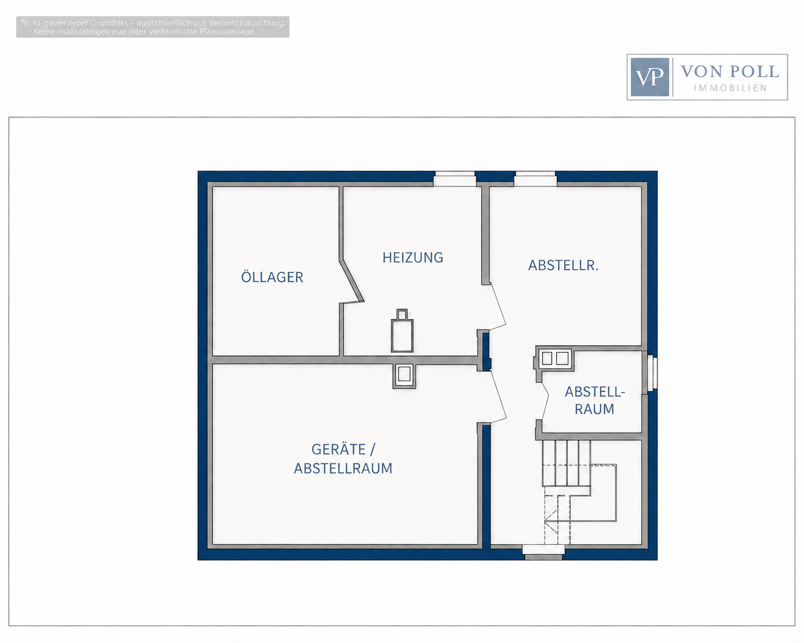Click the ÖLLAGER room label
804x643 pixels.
[x=272, y=277]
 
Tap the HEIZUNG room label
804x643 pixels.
[x=413, y=258]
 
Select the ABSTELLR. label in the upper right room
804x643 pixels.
[x=563, y=265]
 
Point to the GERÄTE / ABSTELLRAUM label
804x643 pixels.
[x=343, y=458]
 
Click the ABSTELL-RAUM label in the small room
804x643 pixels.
[x=595, y=400]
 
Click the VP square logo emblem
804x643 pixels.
[x=650, y=77]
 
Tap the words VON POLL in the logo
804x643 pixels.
[x=729, y=71]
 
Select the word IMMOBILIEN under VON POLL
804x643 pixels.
[x=730, y=88]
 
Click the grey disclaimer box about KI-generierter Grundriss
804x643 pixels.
[x=153, y=27]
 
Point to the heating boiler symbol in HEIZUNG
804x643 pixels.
[x=402, y=331]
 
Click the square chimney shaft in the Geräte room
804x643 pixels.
[x=404, y=376]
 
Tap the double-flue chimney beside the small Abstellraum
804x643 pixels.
[x=555, y=359]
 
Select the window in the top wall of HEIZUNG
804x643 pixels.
[x=455, y=179]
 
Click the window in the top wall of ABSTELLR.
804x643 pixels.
[x=535, y=179]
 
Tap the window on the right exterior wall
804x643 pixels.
[x=652, y=373]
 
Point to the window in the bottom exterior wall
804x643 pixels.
[x=544, y=552]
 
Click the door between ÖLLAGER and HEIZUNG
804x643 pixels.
[x=352, y=281]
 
